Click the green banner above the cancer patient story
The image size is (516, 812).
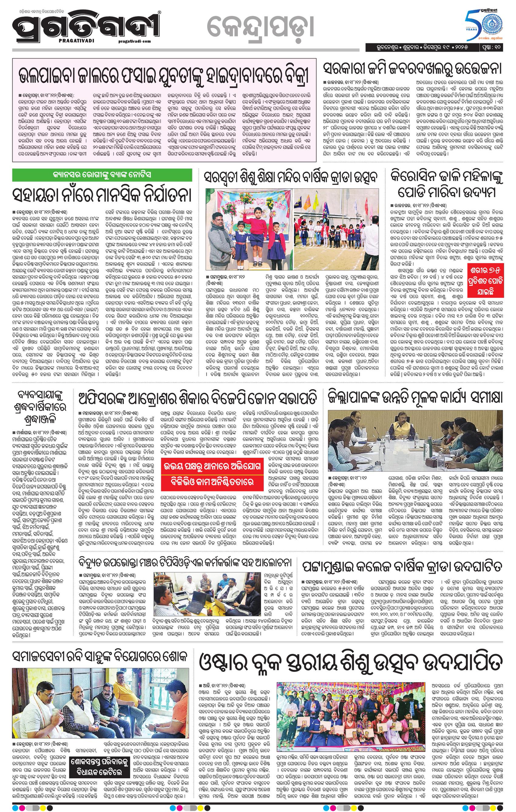coord(102,175)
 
